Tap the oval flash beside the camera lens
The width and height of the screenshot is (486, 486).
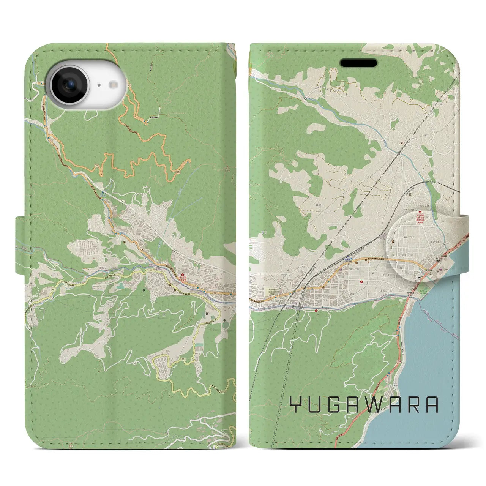tap(114, 85)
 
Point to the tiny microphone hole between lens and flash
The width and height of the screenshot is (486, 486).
tap(98, 85)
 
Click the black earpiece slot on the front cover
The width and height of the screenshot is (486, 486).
tap(358, 63)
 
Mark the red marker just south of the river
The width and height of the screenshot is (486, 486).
tap(316, 310)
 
